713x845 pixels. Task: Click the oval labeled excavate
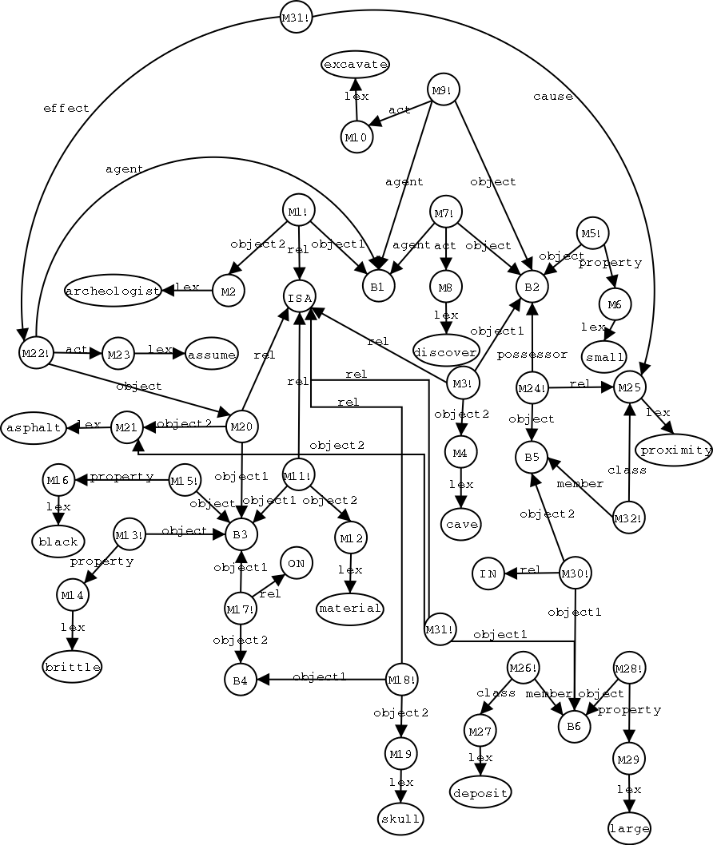(x=355, y=64)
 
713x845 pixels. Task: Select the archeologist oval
(x=113, y=291)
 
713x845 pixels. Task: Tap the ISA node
(x=299, y=296)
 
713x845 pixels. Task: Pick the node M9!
(x=442, y=89)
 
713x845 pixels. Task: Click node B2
(x=532, y=286)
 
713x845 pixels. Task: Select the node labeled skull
(x=400, y=819)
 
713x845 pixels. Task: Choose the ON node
(x=296, y=563)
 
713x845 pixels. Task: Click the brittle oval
(x=73, y=667)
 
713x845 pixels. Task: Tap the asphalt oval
(x=33, y=428)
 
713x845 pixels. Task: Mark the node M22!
(x=35, y=352)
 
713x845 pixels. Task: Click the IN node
(x=488, y=573)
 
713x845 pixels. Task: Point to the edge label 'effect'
(x=66, y=109)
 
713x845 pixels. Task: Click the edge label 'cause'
(x=552, y=97)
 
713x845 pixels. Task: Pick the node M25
(x=629, y=387)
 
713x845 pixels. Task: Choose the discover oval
(x=446, y=350)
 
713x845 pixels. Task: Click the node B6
(x=574, y=726)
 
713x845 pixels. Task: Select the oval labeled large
(x=629, y=828)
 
